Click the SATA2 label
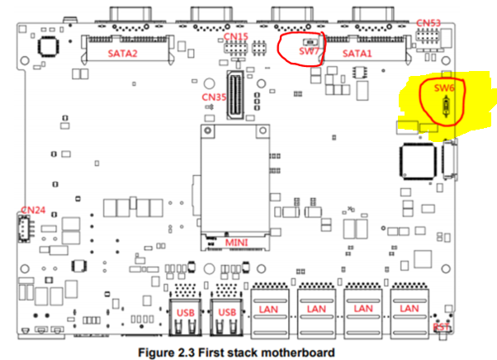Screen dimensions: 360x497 (122, 54)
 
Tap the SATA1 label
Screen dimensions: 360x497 (358, 54)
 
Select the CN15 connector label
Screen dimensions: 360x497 (236, 37)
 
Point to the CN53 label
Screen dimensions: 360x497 (428, 23)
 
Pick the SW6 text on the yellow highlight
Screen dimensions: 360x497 (444, 87)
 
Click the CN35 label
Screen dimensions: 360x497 (214, 97)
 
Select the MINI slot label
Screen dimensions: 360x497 (237, 244)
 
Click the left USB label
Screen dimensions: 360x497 (185, 312)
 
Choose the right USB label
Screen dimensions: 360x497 (226, 312)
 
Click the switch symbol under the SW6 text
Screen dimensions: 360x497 (447, 109)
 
